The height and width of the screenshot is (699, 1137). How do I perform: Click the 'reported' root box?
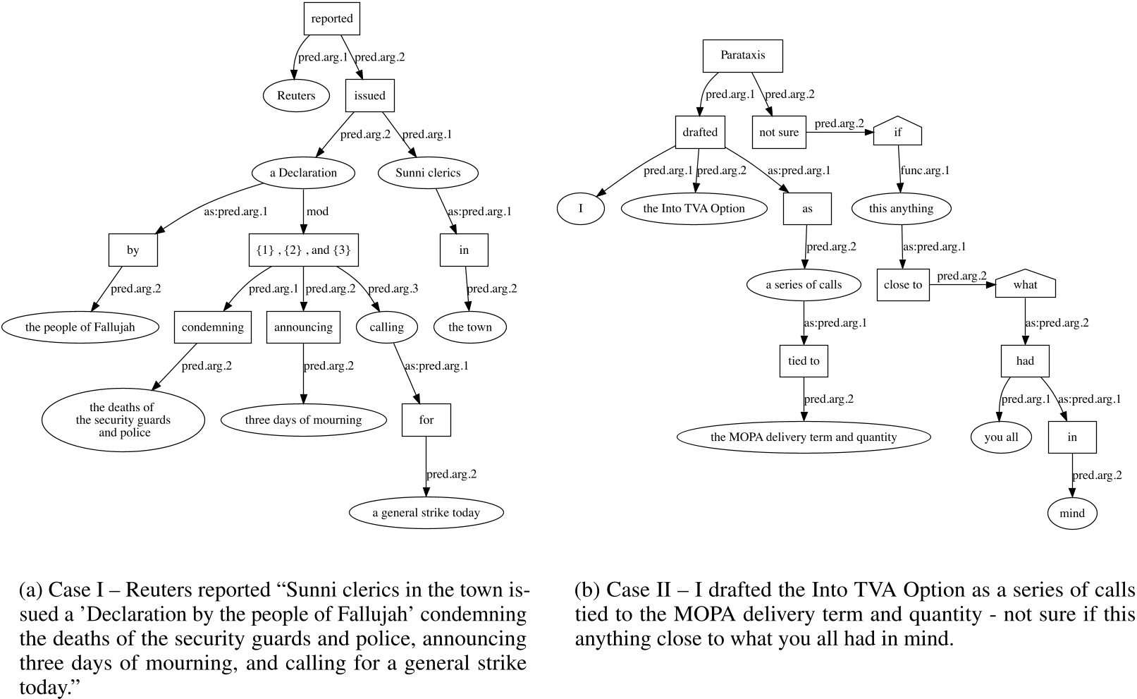click(x=331, y=19)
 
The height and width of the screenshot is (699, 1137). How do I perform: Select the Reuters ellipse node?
click(x=296, y=96)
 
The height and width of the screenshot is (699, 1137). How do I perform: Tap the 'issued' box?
click(x=369, y=96)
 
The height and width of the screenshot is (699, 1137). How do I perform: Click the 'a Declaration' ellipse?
click(x=303, y=173)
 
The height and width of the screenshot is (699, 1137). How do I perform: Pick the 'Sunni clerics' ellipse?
click(x=428, y=173)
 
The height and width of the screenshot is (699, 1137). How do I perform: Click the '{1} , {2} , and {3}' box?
click(x=303, y=250)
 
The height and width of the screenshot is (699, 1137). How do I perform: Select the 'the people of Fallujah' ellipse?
click(x=80, y=327)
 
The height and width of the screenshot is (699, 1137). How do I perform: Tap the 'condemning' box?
click(x=212, y=327)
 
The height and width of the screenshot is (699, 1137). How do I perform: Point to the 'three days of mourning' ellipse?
click(x=303, y=420)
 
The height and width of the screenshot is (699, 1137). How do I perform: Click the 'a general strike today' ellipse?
click(x=426, y=513)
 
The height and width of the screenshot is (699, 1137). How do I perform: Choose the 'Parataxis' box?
click(x=742, y=55)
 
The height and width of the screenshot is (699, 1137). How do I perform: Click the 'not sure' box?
click(x=779, y=132)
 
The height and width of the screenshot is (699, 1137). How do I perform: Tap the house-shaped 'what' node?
click(x=1025, y=285)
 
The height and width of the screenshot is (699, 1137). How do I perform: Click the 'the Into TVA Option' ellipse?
click(x=694, y=208)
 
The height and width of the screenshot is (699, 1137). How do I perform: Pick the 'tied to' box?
click(x=804, y=361)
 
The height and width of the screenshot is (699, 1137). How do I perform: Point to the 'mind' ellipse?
click(x=1071, y=513)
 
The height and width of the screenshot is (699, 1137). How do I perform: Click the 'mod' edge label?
click(x=317, y=212)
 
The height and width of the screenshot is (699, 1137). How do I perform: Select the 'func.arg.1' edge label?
click(x=925, y=171)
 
